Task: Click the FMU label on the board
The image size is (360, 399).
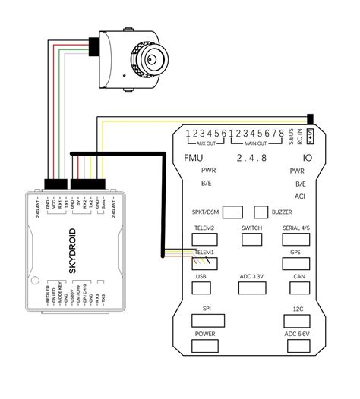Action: point(194,158)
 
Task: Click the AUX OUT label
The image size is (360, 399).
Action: point(207,143)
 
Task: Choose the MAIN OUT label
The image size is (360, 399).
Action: point(254,143)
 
